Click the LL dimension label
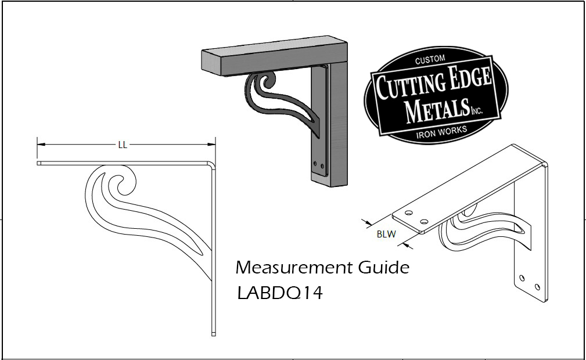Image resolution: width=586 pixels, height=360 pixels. pyautogui.click(x=123, y=145)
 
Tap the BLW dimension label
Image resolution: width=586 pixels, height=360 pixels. pyautogui.click(x=386, y=235)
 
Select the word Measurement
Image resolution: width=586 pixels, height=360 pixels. pyautogui.click(x=292, y=268)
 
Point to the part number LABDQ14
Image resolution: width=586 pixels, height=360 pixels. pyautogui.click(x=280, y=293)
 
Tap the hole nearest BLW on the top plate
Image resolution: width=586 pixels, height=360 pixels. pyautogui.click(x=409, y=213)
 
